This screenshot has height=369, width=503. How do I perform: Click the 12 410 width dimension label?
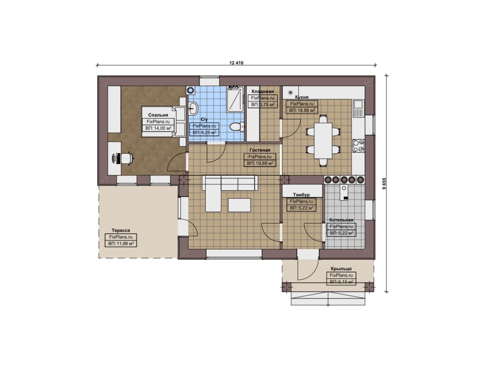236,63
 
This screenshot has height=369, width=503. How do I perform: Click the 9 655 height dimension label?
384,184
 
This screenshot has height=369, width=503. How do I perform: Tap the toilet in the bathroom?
237,127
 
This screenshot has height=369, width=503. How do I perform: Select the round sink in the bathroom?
193,108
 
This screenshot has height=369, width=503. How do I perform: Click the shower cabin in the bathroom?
235,99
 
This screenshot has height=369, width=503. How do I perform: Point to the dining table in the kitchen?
323,141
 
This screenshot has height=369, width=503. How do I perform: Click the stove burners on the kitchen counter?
358,146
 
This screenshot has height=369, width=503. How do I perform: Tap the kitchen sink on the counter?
358,108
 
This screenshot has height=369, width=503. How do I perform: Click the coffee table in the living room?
239,205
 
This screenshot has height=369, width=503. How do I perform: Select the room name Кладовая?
263,92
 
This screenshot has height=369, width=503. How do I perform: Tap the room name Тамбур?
301,195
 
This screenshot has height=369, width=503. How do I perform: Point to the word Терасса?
121,230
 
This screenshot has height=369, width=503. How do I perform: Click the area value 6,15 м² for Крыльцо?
341,282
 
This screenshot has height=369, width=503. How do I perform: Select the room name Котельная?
341,220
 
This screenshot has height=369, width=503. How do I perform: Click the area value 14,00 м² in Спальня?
158,128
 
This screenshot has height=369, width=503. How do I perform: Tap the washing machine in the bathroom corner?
191,90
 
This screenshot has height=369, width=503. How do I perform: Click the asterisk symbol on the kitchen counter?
290,92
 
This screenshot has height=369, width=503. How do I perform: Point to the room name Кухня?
301,97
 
